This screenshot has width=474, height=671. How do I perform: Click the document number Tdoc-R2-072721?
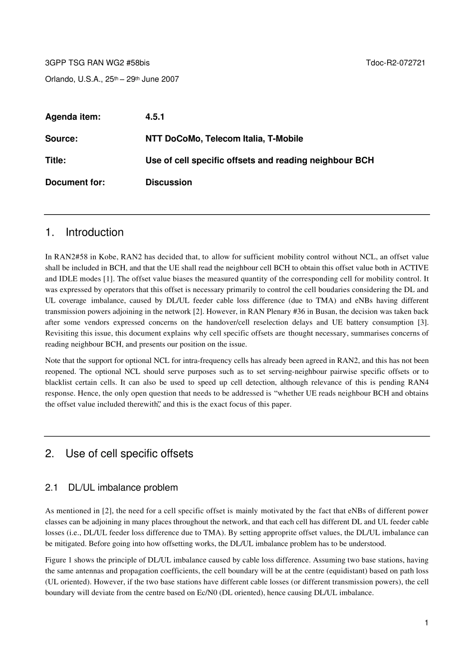coord(395,63)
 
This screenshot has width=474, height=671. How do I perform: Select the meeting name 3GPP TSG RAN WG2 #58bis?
coord(97,63)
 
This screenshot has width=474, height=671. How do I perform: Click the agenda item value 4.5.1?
coord(155,117)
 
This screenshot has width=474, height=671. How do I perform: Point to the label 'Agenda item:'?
coord(73,117)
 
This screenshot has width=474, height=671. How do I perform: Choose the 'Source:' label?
coord(61,139)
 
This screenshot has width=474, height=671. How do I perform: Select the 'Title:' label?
coord(55,160)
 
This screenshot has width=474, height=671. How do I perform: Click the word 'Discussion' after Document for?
coord(169,182)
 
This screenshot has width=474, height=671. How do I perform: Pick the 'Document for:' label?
coord(75,182)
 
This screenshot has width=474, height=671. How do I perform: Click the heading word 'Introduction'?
coord(94,232)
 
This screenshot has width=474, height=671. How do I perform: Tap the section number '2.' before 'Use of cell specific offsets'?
coord(49,453)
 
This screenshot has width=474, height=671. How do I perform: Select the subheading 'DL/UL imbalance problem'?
coord(123,487)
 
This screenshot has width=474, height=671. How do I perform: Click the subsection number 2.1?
coord(52,487)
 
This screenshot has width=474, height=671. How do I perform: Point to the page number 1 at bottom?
coord(427,622)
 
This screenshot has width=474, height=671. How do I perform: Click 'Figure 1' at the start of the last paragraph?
coord(58,560)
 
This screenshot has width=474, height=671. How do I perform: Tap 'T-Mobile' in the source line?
coord(285,139)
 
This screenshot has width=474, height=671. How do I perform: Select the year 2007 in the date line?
coord(170,79)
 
